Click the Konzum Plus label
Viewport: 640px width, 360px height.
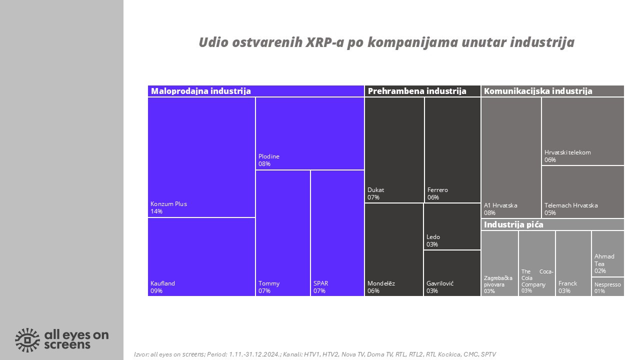click(x=168, y=204)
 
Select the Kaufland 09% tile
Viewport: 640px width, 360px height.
click(x=201, y=257)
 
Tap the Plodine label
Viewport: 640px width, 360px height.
click(x=269, y=156)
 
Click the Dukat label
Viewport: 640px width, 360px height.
click(x=376, y=190)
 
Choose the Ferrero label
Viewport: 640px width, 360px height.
click(x=437, y=190)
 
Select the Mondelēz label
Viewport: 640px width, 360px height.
click(x=381, y=283)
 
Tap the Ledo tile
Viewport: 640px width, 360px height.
click(x=452, y=226)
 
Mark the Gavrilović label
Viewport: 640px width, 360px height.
click(x=440, y=283)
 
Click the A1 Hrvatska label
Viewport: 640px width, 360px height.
click(x=500, y=205)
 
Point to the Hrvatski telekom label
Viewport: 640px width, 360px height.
click(x=567, y=152)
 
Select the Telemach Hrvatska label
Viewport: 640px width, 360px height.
click(x=571, y=205)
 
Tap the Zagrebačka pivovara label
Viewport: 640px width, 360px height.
click(x=498, y=281)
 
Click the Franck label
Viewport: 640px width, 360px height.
click(x=567, y=283)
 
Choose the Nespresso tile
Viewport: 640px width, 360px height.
click(x=608, y=286)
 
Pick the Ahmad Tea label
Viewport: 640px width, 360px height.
click(x=604, y=260)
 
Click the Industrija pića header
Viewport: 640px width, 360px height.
click(x=513, y=225)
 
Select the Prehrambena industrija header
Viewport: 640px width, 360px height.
click(x=417, y=91)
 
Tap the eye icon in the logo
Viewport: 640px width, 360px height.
click(x=27, y=340)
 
